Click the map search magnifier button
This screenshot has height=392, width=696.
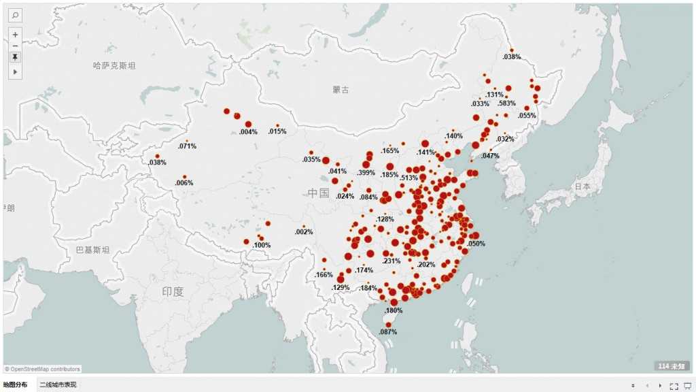point(16,15)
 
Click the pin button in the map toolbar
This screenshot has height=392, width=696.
point(16,58)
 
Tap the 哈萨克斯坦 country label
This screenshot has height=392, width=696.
point(114,66)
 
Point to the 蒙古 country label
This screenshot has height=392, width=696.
point(341,90)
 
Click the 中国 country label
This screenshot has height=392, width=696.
point(318,193)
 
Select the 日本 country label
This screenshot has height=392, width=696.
point(582,186)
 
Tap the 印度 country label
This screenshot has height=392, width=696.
point(173,291)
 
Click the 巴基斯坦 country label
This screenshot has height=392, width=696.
point(93,250)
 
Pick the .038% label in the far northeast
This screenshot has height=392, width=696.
point(512,57)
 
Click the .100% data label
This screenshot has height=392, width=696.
point(262,245)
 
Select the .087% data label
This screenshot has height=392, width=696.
point(387,332)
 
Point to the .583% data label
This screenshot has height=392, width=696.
point(506,103)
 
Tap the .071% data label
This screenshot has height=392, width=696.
point(187,146)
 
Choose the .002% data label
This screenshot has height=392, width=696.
point(304,232)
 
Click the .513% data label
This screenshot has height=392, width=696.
point(409,178)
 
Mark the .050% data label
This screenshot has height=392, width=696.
point(476,244)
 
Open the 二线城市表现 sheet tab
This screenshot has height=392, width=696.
point(58,385)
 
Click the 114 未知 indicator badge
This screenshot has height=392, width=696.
point(672,366)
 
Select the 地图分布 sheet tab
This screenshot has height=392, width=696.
point(16,385)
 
